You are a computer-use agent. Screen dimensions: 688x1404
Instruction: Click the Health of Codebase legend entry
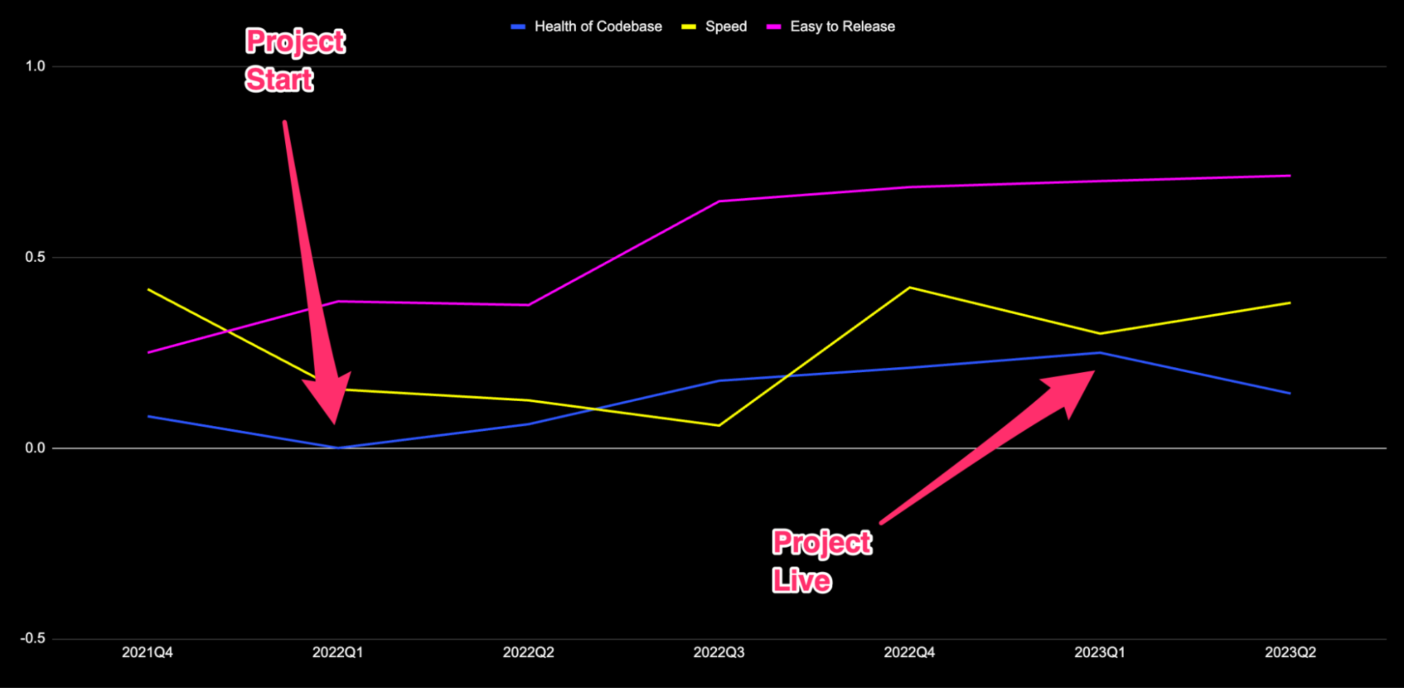[x=597, y=27]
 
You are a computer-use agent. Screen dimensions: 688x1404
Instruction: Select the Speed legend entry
[x=726, y=27]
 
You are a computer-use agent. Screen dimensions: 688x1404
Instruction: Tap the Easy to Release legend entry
[x=842, y=27]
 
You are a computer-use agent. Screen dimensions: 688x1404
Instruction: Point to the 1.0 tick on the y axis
[x=35, y=67]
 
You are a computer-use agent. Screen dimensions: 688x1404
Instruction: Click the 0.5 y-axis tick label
[x=35, y=258]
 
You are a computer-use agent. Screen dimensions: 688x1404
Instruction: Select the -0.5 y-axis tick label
[x=32, y=639]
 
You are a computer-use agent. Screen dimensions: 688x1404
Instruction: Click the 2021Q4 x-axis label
[x=147, y=653]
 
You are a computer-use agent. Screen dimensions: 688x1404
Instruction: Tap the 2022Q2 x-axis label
[x=528, y=653]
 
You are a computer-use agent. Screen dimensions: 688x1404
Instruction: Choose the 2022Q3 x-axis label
[x=719, y=653]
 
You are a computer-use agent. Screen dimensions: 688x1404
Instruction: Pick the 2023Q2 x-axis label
[x=1290, y=653]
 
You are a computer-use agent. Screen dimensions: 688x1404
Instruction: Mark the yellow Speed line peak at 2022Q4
[x=910, y=288]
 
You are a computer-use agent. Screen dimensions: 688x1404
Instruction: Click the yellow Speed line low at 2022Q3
[x=719, y=425]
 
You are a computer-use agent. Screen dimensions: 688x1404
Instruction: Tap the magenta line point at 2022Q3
[x=719, y=201]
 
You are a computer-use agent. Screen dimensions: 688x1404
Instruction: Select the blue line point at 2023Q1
[x=1100, y=352]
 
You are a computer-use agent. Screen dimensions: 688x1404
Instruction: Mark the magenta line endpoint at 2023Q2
[x=1290, y=176]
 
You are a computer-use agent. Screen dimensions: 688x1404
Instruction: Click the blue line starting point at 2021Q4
[x=148, y=416]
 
